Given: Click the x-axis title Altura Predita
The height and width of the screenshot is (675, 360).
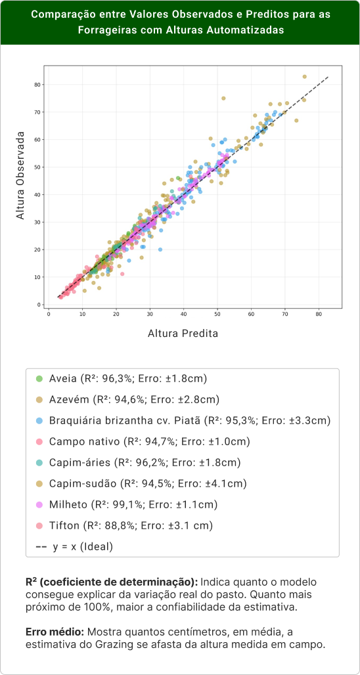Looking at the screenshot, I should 183,334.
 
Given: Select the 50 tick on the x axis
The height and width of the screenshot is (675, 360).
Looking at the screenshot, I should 217,314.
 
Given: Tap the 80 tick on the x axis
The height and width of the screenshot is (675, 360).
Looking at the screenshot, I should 319,314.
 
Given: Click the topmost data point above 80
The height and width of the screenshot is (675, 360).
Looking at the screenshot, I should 305,76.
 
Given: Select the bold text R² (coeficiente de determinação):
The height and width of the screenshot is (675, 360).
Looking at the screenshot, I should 111,582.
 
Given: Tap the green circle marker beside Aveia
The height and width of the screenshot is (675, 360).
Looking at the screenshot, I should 39,379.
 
